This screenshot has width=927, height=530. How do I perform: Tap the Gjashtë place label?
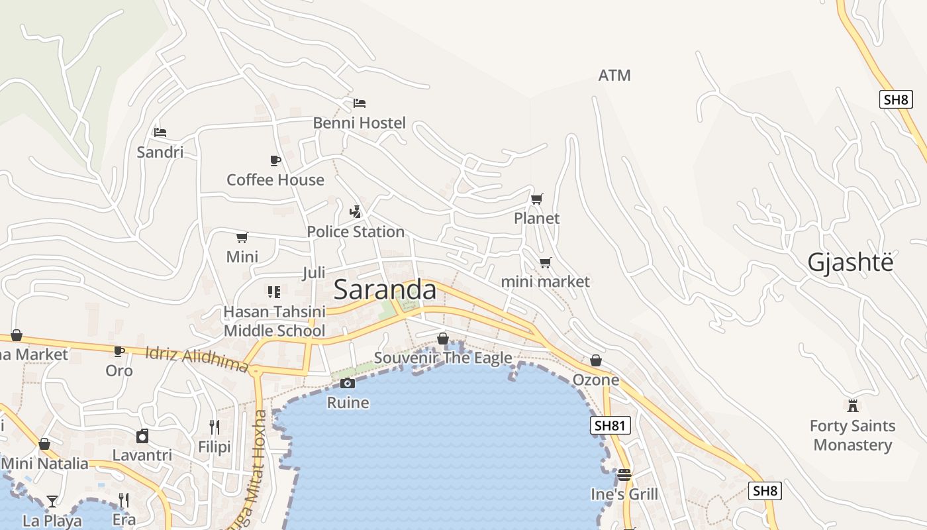tap(850, 262)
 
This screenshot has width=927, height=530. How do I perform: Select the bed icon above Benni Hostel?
tap(360, 103)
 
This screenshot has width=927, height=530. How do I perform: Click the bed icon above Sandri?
tap(160, 132)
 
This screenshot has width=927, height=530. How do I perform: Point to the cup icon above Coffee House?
tap(275, 160)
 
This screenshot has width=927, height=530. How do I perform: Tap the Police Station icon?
tap(356, 212)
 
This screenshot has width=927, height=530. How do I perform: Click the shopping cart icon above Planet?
tap(537, 199)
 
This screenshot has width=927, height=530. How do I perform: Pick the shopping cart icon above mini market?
tap(545, 262)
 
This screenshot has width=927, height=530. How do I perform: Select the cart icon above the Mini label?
tap(242, 237)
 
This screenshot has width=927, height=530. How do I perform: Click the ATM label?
tap(614, 76)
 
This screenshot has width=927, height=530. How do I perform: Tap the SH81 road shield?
tap(610, 425)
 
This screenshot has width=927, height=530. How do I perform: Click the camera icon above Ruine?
tap(348, 383)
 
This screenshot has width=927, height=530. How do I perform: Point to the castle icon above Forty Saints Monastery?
tap(853, 405)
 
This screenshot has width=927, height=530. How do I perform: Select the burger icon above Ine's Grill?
tap(624, 475)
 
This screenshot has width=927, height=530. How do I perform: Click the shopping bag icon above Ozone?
tap(596, 360)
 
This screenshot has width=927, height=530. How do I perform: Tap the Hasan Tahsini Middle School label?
tap(275, 321)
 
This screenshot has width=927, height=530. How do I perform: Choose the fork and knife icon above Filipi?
tap(215, 427)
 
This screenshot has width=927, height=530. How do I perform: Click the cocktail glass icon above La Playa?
tap(52, 501)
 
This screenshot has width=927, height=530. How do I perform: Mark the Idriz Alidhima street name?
tap(197, 359)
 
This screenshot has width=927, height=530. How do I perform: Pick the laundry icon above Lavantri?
tap(142, 436)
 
